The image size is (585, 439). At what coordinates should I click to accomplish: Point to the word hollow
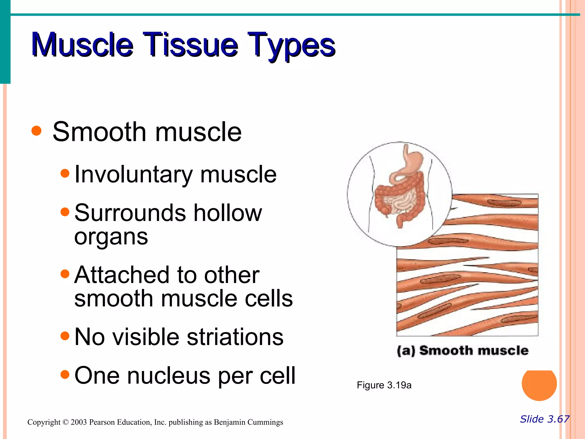click(227, 213)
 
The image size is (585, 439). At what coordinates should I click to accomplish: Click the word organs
click(111, 237)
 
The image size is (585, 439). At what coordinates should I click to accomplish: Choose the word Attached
click(122, 275)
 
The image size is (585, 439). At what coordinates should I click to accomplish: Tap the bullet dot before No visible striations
click(65, 336)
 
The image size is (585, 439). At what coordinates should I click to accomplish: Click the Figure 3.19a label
click(384, 385)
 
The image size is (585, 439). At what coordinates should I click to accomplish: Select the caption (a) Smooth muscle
click(462, 351)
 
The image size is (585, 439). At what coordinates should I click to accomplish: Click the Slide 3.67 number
click(544, 419)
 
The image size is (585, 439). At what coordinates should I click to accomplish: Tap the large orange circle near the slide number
click(539, 384)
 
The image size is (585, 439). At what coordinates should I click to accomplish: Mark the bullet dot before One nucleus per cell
click(65, 374)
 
